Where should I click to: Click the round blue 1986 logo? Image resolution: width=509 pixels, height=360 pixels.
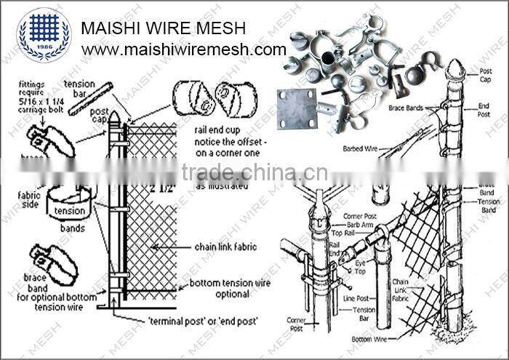(44, 34)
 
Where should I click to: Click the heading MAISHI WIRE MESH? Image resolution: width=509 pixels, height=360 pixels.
(163, 28)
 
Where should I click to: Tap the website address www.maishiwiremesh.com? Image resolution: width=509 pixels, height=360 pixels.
(183, 50)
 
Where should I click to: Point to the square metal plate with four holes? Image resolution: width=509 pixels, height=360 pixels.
(297, 111)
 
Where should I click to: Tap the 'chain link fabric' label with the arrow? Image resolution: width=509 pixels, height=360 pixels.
(225, 247)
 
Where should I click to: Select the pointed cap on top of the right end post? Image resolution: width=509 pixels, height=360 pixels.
(453, 71)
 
